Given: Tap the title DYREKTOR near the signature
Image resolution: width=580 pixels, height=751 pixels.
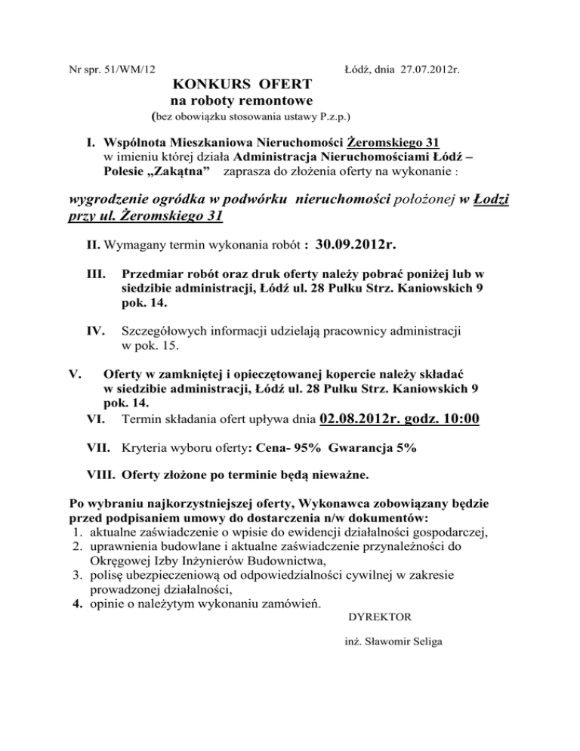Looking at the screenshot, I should pos(379,617).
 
